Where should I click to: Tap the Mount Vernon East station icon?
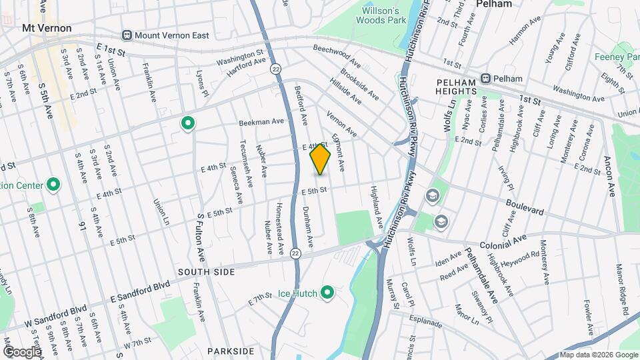click(x=127, y=35)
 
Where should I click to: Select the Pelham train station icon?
click(x=487, y=78)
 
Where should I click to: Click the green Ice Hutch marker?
click(x=327, y=292)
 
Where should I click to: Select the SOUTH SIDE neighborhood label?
click(x=206, y=272)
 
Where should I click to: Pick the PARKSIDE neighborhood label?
click(x=231, y=351)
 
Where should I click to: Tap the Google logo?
click(x=21, y=351)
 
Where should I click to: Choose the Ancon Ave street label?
click(x=609, y=176)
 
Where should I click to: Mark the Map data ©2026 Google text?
click(x=597, y=355)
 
